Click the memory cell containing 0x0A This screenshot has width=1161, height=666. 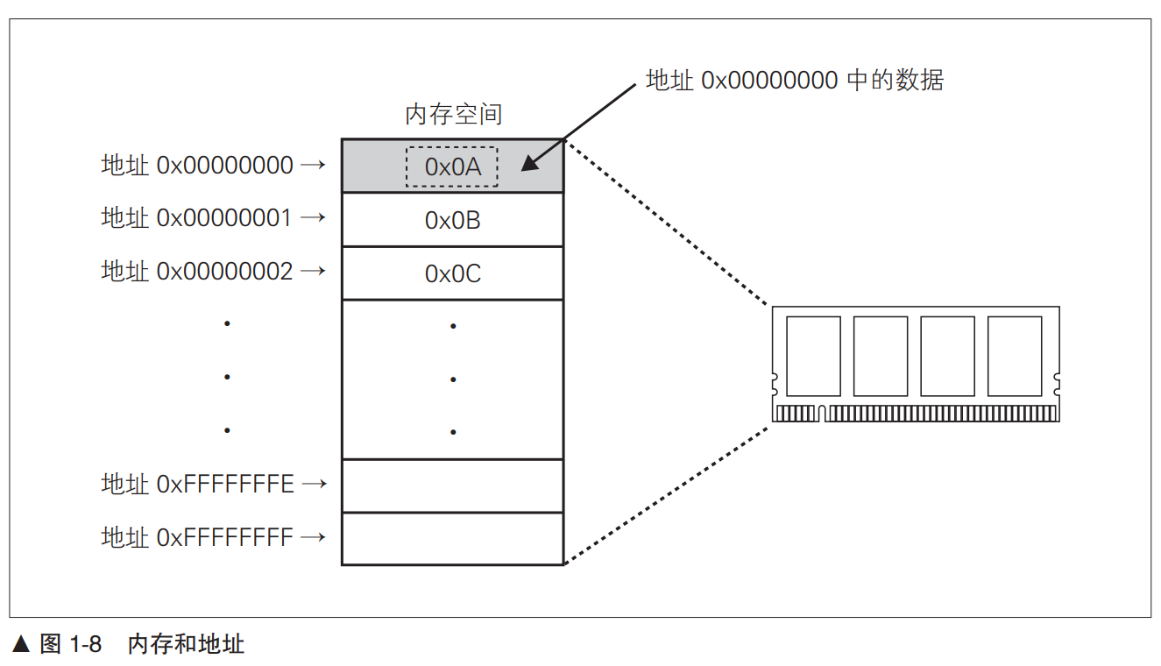452,166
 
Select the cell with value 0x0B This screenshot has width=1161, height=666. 452,220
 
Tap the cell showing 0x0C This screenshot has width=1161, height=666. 452,273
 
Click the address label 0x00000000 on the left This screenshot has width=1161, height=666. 198,165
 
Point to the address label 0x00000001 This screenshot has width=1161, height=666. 198,217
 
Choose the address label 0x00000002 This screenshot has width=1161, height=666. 198,271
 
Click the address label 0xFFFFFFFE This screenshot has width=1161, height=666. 198,483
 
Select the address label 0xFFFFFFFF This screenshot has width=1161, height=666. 198,536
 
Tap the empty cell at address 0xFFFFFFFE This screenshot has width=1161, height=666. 452,485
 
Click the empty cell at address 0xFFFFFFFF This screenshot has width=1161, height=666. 452,539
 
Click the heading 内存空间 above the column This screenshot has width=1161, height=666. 453,114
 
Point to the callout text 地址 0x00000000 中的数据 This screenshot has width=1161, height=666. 794,81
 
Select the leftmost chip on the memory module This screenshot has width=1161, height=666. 813,356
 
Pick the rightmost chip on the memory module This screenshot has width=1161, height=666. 1015,356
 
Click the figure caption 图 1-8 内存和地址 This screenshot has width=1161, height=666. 142,645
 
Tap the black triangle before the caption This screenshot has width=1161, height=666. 22,645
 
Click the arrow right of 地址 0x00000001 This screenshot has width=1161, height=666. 312,217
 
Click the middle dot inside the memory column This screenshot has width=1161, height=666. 453,379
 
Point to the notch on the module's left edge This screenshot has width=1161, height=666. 775,383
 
